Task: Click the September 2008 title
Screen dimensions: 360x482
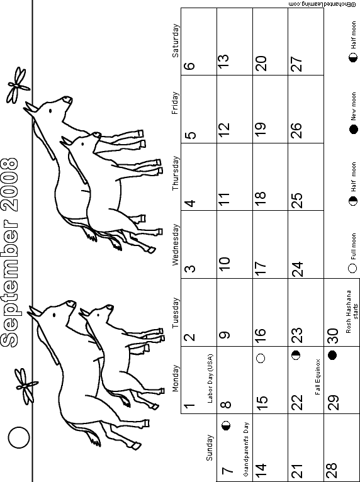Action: click(x=9, y=253)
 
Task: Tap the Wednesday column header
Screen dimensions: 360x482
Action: click(x=175, y=244)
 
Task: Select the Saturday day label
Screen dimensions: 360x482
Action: click(x=175, y=40)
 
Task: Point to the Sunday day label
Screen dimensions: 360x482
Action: click(x=210, y=447)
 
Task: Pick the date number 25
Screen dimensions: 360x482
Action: click(x=296, y=200)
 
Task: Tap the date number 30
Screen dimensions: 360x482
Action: click(x=332, y=336)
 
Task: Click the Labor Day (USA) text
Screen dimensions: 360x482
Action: click(x=210, y=378)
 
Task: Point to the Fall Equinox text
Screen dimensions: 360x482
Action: click(x=318, y=377)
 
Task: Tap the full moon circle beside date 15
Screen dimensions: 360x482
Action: click(x=261, y=358)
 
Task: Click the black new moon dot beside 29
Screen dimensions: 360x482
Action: click(x=332, y=356)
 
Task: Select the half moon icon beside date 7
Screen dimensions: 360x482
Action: click(x=226, y=426)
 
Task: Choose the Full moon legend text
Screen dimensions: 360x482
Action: click(x=354, y=247)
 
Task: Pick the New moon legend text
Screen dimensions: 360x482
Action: click(x=354, y=106)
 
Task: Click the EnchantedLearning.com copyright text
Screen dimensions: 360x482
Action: click(x=324, y=4)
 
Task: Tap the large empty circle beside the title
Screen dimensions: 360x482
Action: click(x=19, y=437)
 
